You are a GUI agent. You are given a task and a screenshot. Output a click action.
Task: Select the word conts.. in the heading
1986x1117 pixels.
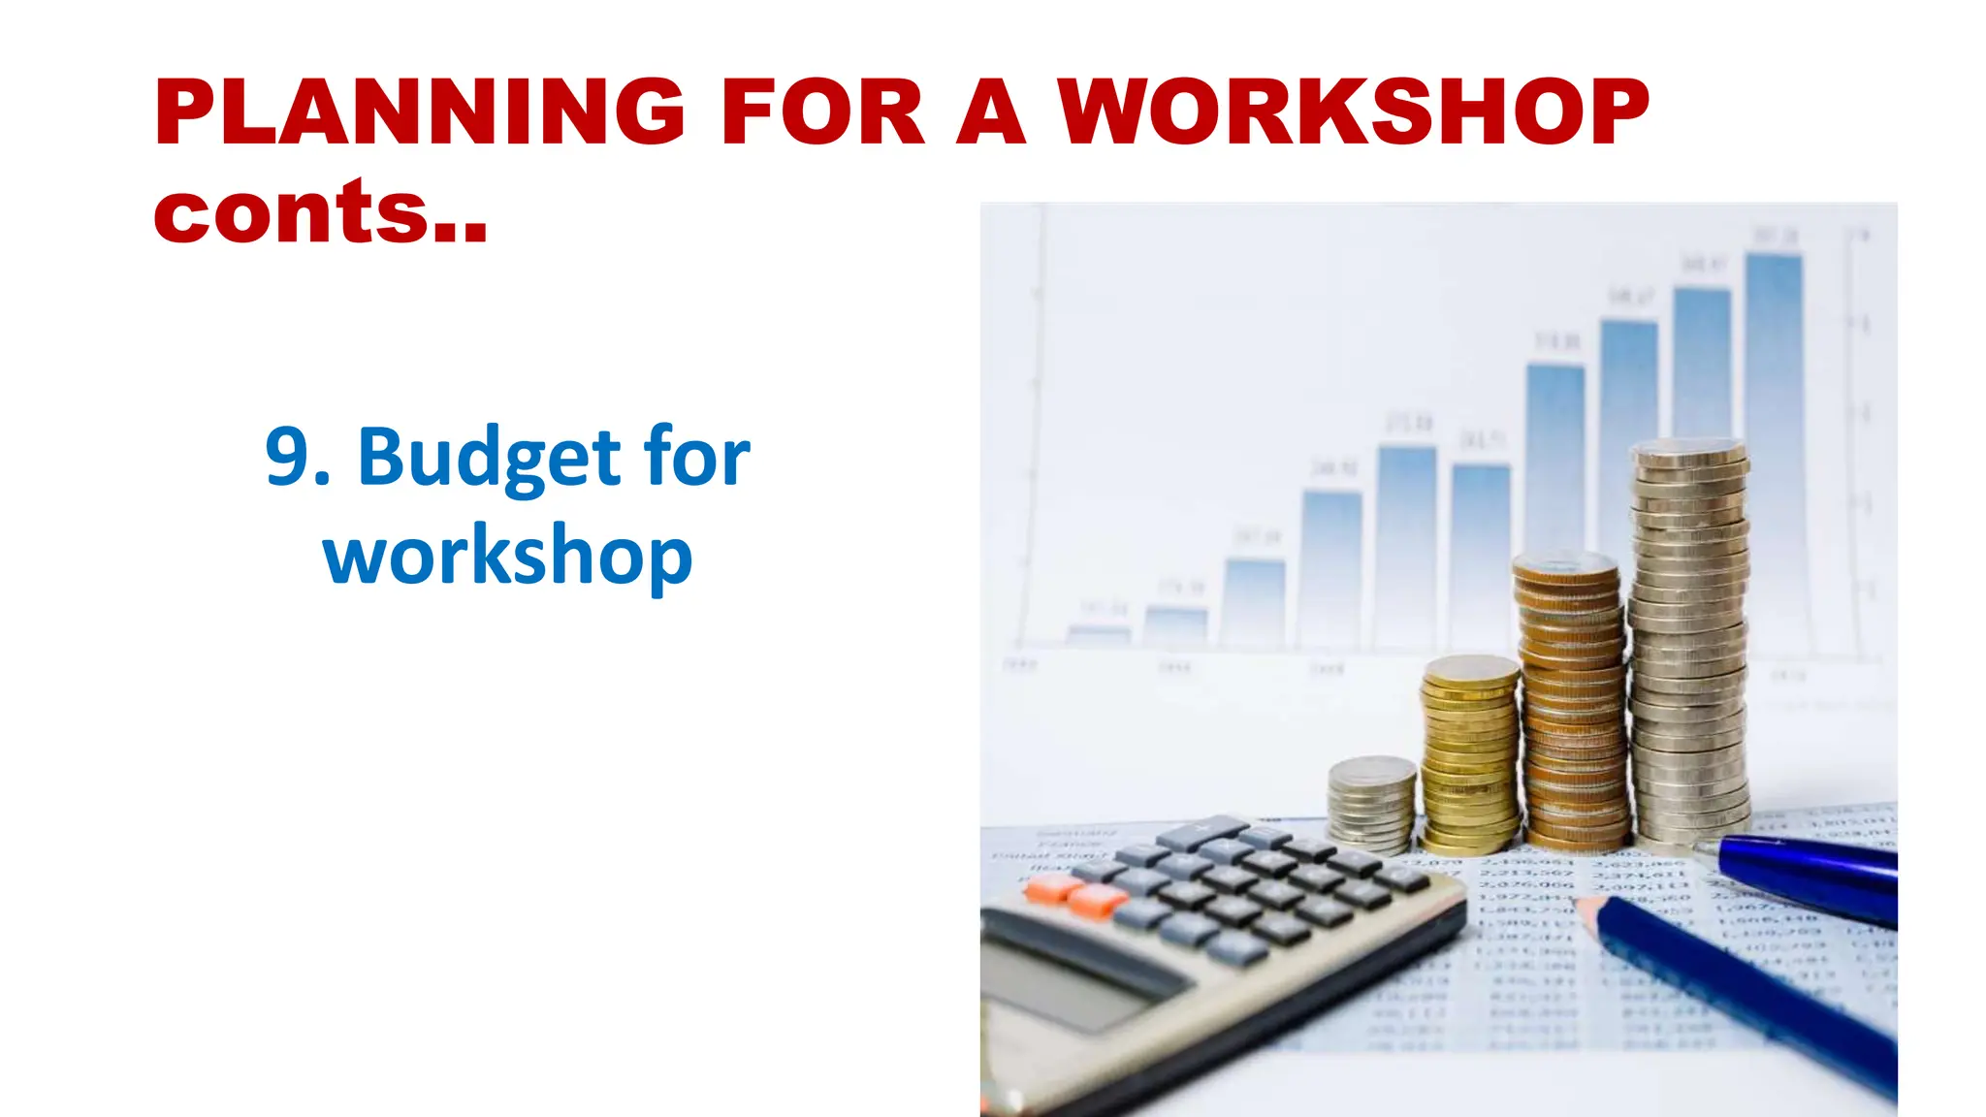click(x=320, y=212)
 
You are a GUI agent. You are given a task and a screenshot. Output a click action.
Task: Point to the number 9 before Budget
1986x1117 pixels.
click(x=288, y=457)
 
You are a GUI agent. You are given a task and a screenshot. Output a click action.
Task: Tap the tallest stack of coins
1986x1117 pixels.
click(x=1689, y=640)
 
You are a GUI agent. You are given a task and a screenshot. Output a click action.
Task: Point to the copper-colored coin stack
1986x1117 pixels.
click(x=1572, y=698)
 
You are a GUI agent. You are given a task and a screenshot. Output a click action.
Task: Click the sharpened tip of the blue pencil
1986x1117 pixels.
click(x=1586, y=909)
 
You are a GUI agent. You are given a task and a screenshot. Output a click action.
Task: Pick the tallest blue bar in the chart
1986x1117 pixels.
click(x=1775, y=349)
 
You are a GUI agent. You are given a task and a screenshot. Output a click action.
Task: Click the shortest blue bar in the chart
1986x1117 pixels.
click(x=1098, y=635)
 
